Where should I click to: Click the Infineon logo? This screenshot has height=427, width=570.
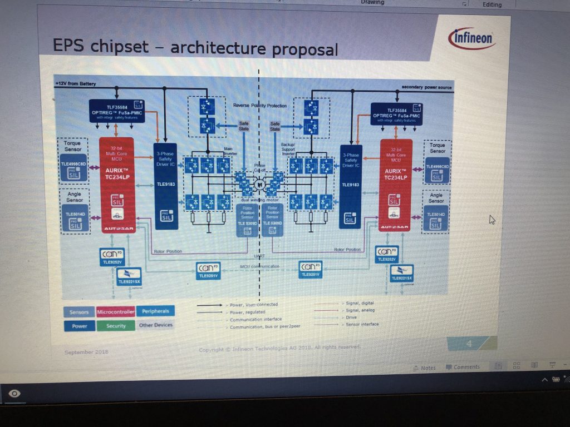[x=471, y=39]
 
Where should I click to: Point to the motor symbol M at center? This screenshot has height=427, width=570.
[x=259, y=184]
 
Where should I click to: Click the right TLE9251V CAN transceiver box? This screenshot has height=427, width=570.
[x=310, y=269]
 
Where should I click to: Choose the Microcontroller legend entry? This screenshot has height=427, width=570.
[x=115, y=312]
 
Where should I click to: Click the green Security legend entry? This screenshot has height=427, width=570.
[x=115, y=326]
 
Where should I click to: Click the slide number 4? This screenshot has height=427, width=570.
[x=469, y=344]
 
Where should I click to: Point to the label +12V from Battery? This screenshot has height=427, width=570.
[x=76, y=84]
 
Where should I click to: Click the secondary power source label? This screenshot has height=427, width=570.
[x=426, y=87]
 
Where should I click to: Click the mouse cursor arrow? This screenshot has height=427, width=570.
[x=492, y=220]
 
